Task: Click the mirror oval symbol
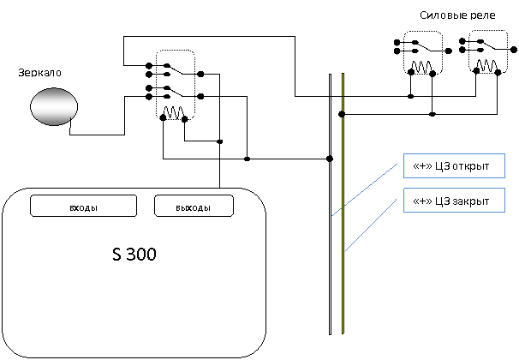[x=54, y=106]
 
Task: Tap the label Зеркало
[x=39, y=73]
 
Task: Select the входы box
[x=83, y=206]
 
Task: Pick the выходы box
[x=194, y=206]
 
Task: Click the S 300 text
[x=134, y=254]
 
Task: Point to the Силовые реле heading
[x=458, y=15]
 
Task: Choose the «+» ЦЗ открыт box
[x=454, y=165]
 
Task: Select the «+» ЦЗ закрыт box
[x=454, y=200]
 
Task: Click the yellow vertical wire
[x=343, y=203]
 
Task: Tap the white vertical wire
[x=330, y=204]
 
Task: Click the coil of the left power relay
[x=421, y=67]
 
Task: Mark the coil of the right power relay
[x=486, y=66]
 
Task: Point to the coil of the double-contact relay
[x=174, y=112]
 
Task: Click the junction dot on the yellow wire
[x=342, y=114]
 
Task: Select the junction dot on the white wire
[x=330, y=159]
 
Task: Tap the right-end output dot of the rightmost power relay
[x=514, y=50]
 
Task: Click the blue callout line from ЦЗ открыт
[x=365, y=189]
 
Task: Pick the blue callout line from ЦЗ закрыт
[x=371, y=225]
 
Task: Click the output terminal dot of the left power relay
[x=449, y=51]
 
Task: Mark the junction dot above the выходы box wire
[x=220, y=141]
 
